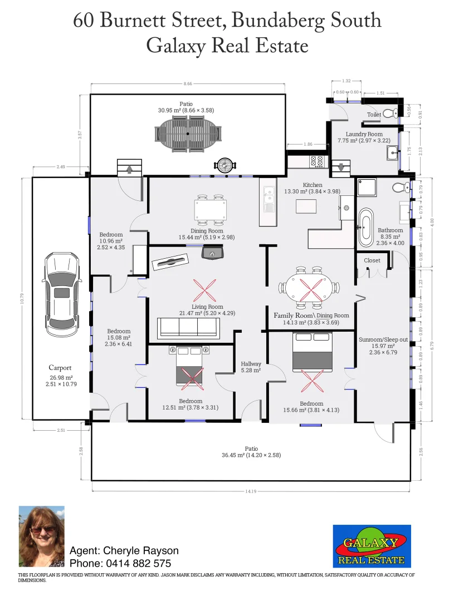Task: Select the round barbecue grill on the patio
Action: coord(225,165)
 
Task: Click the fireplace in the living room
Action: coord(212,253)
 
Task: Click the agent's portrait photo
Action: coord(41,536)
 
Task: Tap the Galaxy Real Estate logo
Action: coord(372,546)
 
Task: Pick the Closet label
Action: coord(372,260)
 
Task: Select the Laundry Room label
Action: coord(364,134)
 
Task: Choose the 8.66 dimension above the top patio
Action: coord(188,84)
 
